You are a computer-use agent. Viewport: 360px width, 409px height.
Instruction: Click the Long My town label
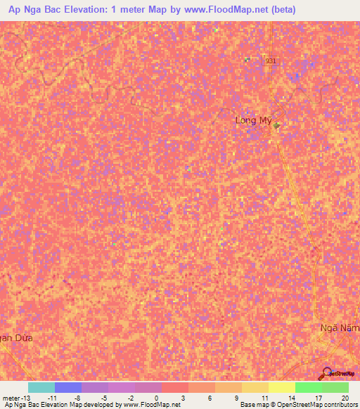click(x=253, y=121)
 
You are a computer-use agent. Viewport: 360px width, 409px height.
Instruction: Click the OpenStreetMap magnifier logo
click(x=326, y=373)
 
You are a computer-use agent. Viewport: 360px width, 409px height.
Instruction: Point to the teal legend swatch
click(x=41, y=387)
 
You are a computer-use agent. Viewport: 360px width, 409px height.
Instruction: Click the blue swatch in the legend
click(x=68, y=387)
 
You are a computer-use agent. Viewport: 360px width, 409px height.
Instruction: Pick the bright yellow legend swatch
click(x=282, y=387)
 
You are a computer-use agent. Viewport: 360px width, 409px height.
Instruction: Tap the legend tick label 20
click(x=345, y=397)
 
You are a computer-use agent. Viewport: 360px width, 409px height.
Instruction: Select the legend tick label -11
click(x=53, y=397)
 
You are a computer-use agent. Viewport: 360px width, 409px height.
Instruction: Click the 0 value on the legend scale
click(x=156, y=397)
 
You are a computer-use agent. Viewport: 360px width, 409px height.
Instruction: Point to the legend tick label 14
click(x=290, y=397)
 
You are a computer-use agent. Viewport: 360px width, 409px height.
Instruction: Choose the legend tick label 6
click(x=210, y=397)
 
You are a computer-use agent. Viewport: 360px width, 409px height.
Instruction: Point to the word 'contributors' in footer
click(x=341, y=405)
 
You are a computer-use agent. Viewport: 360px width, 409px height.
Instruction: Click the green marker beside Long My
click(x=277, y=126)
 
